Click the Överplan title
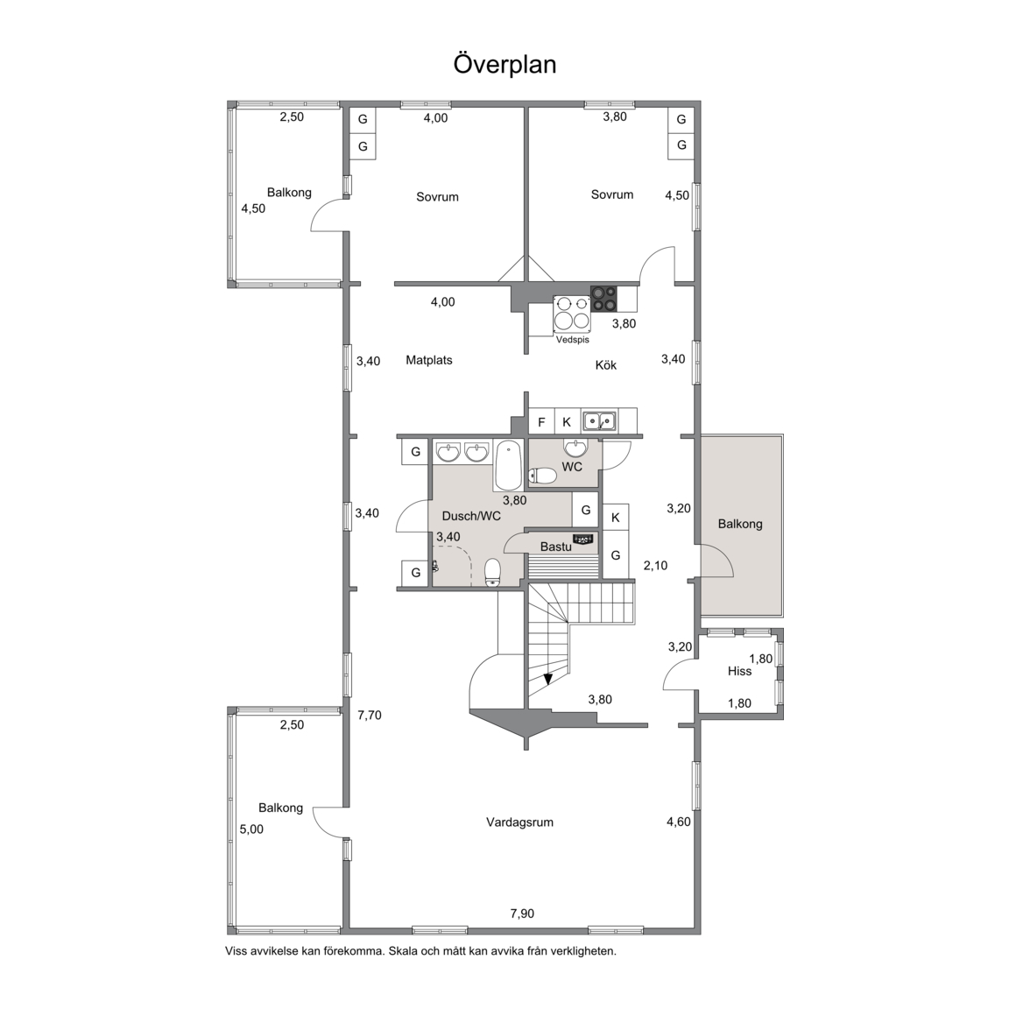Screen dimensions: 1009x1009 [x=504, y=65]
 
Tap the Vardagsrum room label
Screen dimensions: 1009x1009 [x=519, y=822]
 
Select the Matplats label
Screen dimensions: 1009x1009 [x=428, y=360]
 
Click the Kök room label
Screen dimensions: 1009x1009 [x=605, y=365]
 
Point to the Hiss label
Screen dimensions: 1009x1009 [x=739, y=671]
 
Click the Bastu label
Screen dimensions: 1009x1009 [x=555, y=547]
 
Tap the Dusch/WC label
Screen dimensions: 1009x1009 [x=471, y=516]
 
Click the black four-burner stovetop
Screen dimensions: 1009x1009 [x=604, y=300]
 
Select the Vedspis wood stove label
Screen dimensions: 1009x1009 [x=572, y=340]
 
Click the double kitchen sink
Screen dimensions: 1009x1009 [x=599, y=421]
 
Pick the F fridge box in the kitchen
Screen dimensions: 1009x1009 [x=541, y=422]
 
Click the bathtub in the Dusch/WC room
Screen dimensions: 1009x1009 [x=509, y=465]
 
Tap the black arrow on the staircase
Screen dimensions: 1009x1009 [x=547, y=678]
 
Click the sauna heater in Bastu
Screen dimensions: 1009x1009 [x=584, y=539]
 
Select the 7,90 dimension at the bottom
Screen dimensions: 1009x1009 [x=522, y=914]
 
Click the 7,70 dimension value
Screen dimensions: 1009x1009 [x=370, y=715]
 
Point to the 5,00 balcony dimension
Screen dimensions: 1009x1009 [x=251, y=829]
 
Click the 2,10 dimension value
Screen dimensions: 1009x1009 [x=655, y=566]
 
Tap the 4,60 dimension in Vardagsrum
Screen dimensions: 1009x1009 [x=678, y=822]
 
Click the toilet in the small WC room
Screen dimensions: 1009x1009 [x=542, y=476]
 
